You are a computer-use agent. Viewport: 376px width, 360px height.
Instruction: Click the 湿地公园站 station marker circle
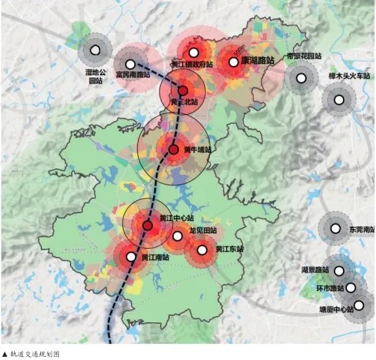pos(95,50)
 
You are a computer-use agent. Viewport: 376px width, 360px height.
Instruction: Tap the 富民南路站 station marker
pos(131,64)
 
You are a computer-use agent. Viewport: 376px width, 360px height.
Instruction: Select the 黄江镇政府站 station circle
pos(193,53)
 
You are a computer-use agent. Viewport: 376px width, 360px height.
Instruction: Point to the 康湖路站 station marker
pos(233,63)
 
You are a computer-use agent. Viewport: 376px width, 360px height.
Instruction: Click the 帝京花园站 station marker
pos(301,78)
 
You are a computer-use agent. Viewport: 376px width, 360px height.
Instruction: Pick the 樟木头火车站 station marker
pos(338,100)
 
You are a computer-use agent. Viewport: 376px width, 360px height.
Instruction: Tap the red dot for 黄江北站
pos(183,91)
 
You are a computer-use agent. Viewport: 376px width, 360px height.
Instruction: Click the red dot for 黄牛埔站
pos(173,150)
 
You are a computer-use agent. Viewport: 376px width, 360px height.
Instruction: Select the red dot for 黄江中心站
pos(148,226)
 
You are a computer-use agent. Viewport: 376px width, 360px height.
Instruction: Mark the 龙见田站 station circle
pos(178,236)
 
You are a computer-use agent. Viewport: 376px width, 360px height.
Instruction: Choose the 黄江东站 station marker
pos(202,249)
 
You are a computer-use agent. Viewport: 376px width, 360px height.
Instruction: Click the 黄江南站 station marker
pos(131,256)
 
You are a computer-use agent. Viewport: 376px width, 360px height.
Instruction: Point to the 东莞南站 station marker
pos(335,228)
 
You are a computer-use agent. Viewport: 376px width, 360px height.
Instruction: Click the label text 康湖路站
pos(257,60)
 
